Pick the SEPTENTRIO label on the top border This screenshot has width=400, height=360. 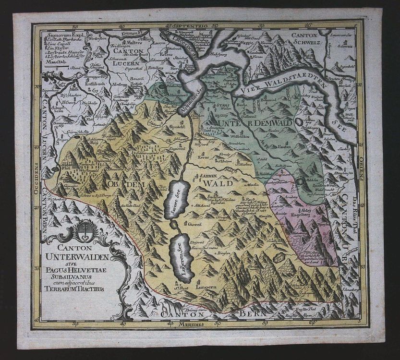tap(192, 24)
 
